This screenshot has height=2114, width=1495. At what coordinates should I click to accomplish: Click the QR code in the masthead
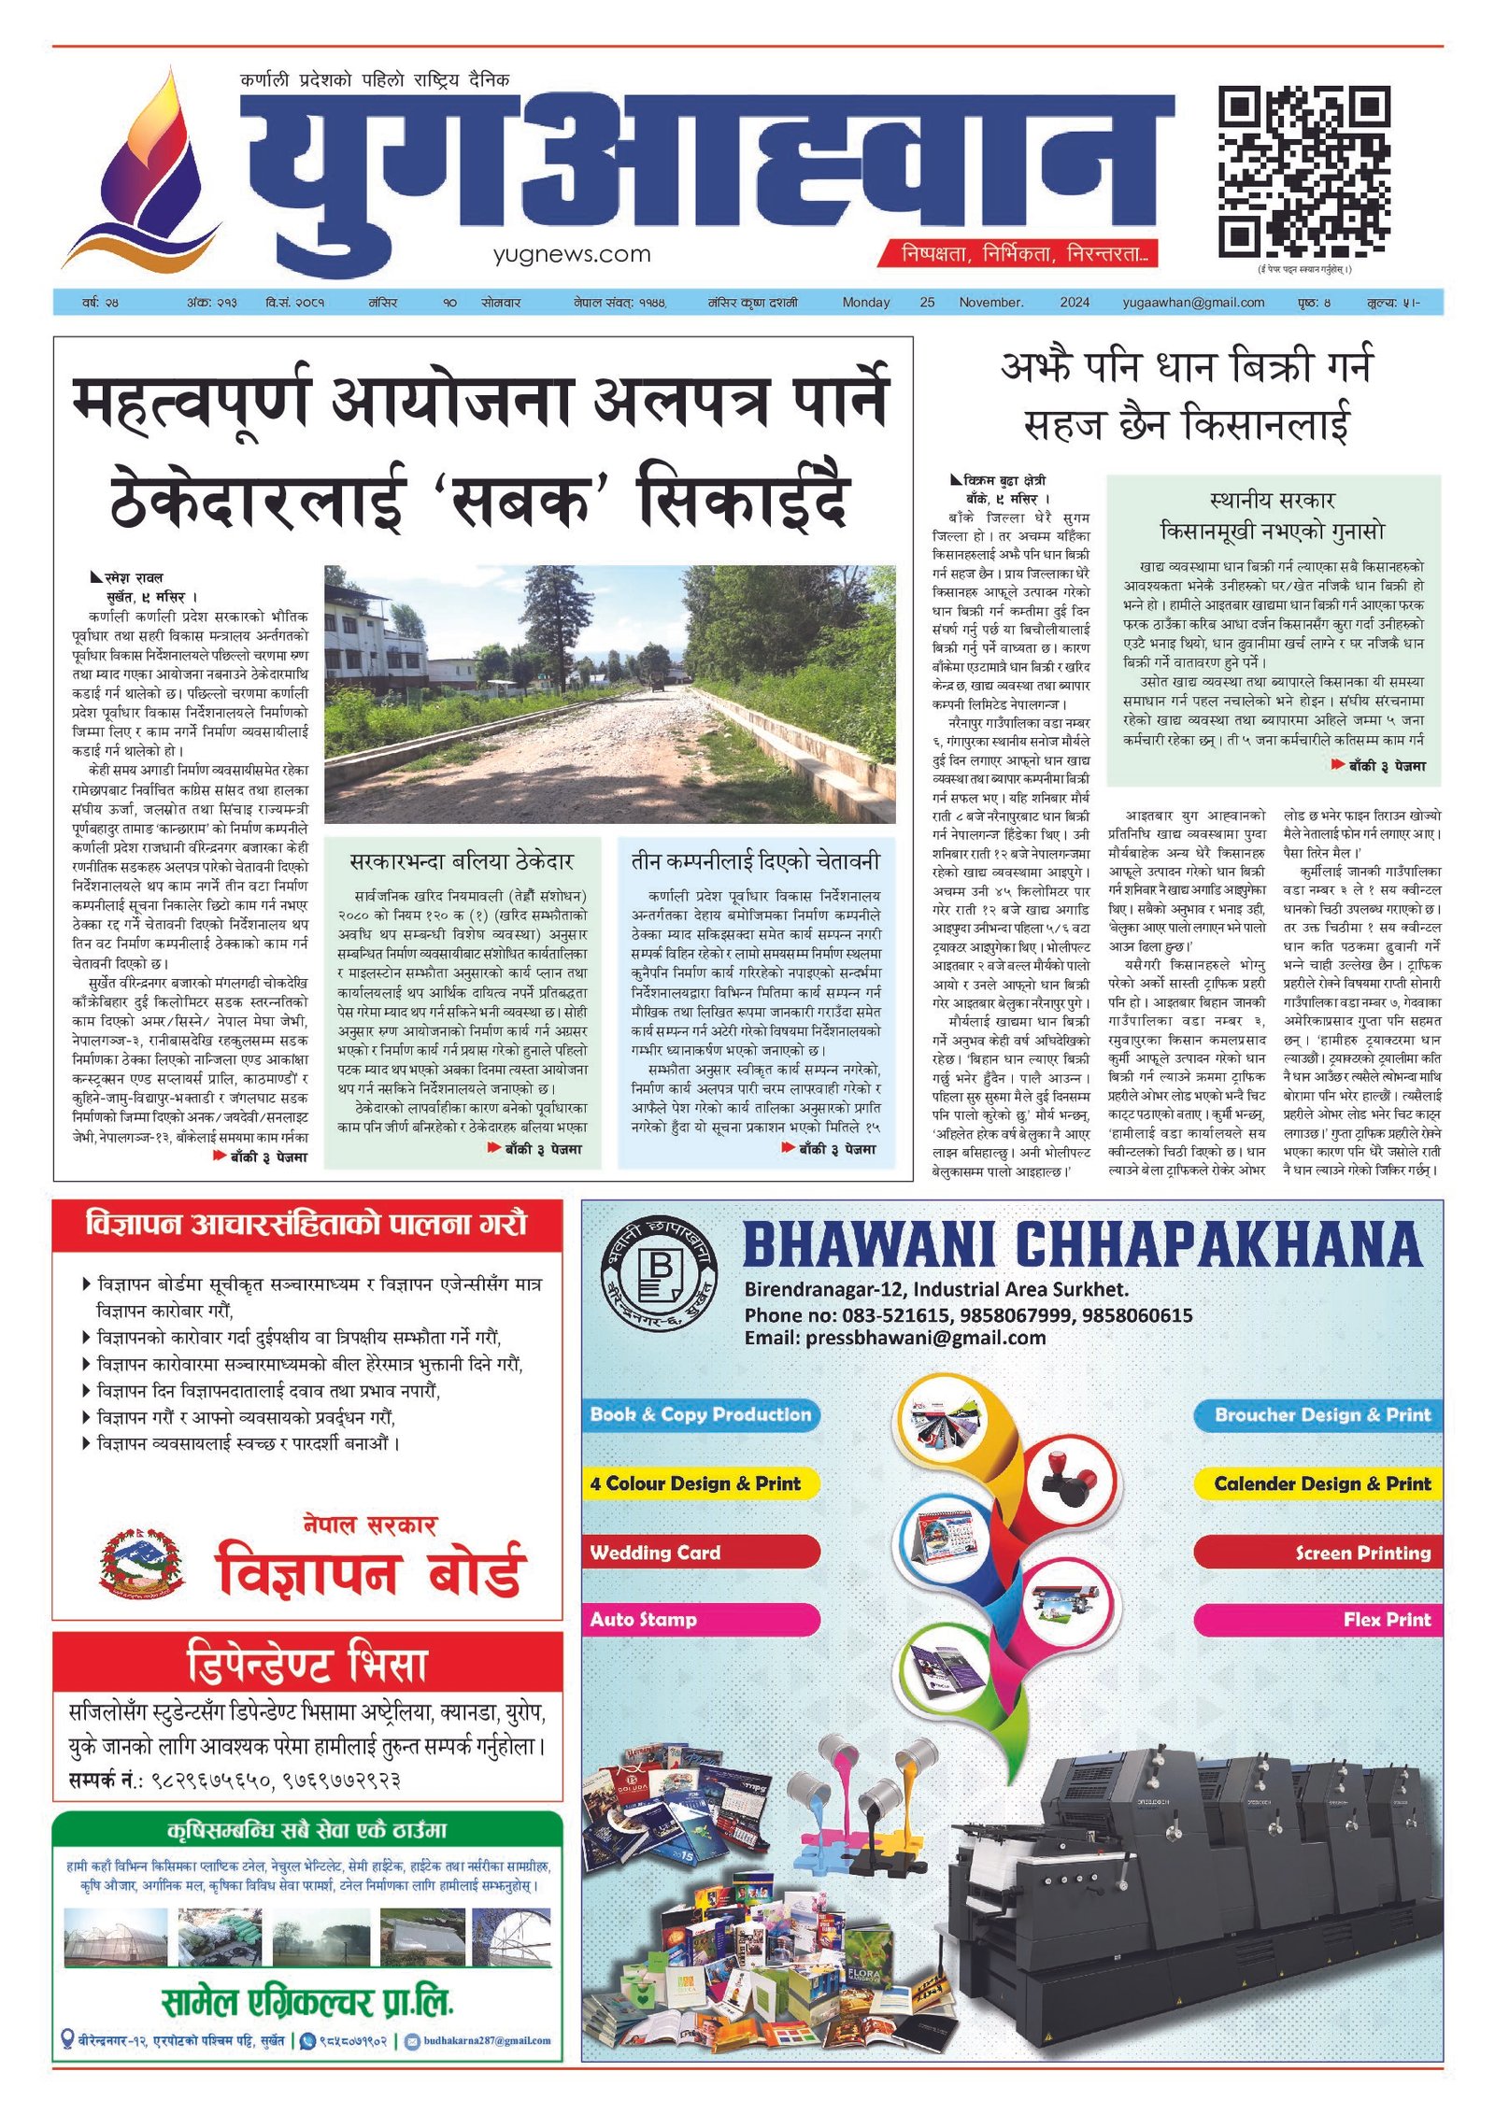coord(1303,172)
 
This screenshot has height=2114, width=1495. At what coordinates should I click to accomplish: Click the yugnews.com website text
coord(572,254)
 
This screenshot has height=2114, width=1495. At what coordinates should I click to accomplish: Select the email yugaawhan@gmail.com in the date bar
coord(1193,303)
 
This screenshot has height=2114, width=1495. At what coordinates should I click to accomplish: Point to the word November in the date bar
coord(990,303)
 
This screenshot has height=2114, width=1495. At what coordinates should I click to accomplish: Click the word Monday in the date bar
coord(866,303)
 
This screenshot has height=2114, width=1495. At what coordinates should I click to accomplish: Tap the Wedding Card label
coord(655,1553)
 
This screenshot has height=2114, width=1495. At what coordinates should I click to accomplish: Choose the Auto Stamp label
coord(643,1620)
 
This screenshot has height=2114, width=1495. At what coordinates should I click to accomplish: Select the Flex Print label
coord(1387,1620)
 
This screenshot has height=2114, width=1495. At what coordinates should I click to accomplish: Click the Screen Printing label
coord(1362,1554)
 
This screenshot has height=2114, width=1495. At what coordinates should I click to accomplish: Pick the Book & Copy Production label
coord(700,1414)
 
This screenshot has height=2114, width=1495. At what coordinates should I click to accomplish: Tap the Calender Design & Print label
coord(1321,1483)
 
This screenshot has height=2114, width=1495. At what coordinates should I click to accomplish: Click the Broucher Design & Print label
coord(1321,1415)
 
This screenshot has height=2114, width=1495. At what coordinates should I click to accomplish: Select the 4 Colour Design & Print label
coord(694,1483)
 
